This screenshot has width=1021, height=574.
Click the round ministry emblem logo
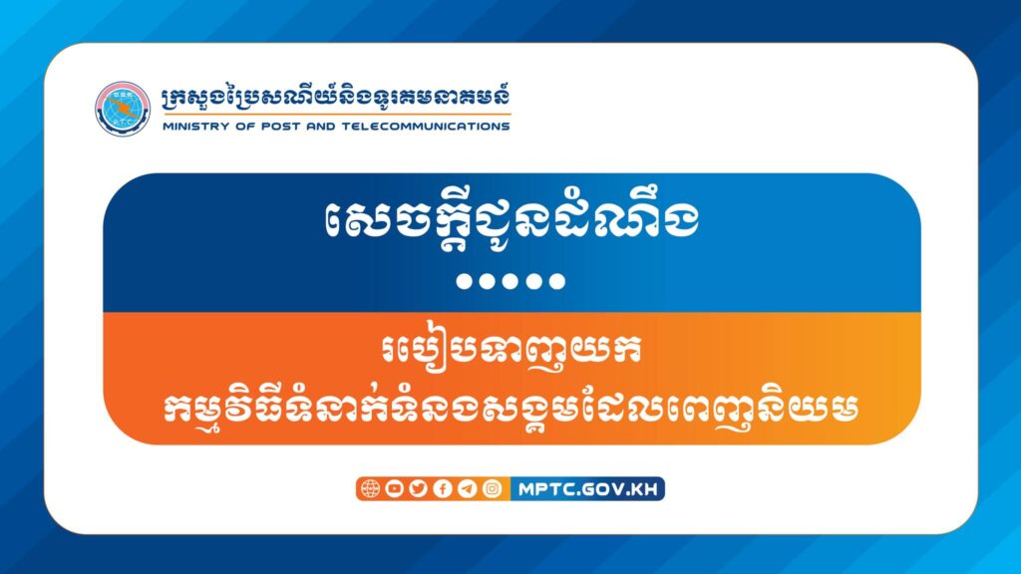pyautogui.click(x=123, y=109)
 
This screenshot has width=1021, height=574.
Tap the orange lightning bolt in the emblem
pyautogui.click(x=123, y=108)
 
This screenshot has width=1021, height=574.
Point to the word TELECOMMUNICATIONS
pyautogui.click(x=425, y=127)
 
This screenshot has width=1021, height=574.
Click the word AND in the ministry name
pyautogui.click(x=320, y=127)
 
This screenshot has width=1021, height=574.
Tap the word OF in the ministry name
pyautogui.click(x=245, y=127)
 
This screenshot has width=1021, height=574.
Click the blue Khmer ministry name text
pyautogui.click(x=335, y=98)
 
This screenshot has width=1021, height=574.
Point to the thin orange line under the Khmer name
pyautogui.click(x=337, y=116)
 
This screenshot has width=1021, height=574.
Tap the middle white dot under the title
pyautogui.click(x=510, y=281)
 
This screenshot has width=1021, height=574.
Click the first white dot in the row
pyautogui.click(x=465, y=281)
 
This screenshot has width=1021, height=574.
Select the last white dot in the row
pyautogui.click(x=556, y=281)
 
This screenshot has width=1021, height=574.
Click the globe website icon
pyautogui.click(x=370, y=488)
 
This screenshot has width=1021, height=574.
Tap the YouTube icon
pyautogui.click(x=394, y=488)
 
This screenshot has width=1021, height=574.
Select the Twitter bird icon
pyautogui.click(x=418, y=488)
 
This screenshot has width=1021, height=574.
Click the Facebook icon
pyautogui.click(x=443, y=488)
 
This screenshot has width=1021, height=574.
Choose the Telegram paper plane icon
pyautogui.click(x=468, y=488)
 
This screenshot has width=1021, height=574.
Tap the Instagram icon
pyautogui.click(x=493, y=488)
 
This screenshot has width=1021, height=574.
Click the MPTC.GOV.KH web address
pyautogui.click(x=588, y=489)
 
